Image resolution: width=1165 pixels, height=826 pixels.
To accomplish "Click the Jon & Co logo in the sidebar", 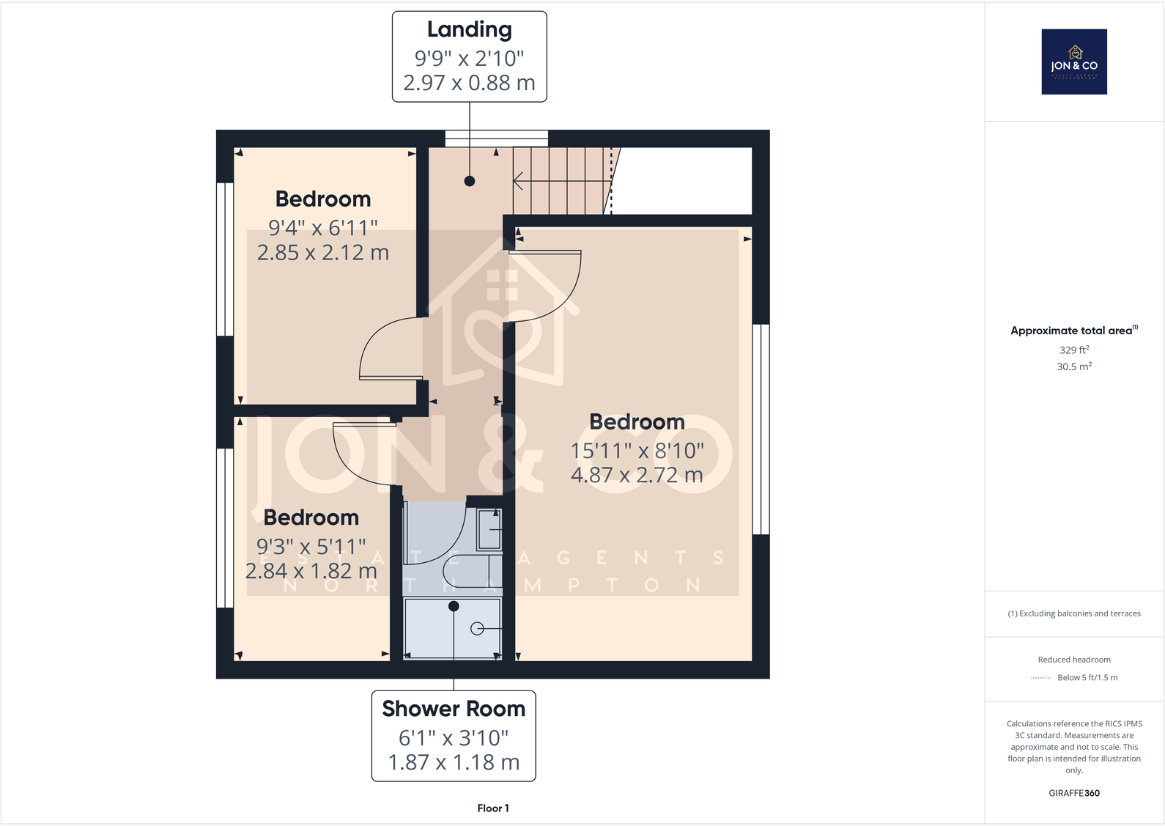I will point(1074,62).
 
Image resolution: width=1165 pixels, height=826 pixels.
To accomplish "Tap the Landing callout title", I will point(470,30).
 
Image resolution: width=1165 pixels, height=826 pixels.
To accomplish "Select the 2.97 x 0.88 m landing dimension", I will point(470,83).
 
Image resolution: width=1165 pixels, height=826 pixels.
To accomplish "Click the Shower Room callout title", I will point(454,709).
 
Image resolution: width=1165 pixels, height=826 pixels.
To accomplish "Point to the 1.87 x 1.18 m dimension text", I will point(454,762).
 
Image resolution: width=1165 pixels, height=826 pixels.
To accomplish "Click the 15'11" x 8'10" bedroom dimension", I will point(637,451).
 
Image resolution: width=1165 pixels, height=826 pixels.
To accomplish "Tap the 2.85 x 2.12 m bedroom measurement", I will point(323,253).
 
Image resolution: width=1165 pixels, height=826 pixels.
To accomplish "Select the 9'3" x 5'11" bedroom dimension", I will point(311,547).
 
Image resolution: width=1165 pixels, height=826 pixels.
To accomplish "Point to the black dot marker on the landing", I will point(470,181).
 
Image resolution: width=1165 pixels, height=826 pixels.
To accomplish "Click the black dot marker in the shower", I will point(454,606).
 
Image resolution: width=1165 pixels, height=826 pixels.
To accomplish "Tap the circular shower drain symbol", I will point(477,628).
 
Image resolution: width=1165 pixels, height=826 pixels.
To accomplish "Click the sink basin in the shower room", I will point(489,529).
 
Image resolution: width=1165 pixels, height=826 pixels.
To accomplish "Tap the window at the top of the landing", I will point(497,139).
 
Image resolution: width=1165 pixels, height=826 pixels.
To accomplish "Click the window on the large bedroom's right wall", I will point(761,429).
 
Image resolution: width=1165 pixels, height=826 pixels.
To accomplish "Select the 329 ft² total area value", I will point(1074,350).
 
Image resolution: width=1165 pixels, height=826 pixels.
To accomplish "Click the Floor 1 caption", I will point(492,808).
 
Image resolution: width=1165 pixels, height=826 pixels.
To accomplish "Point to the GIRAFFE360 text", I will point(1074,793).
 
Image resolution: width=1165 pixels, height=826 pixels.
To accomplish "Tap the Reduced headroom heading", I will point(1074,660).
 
